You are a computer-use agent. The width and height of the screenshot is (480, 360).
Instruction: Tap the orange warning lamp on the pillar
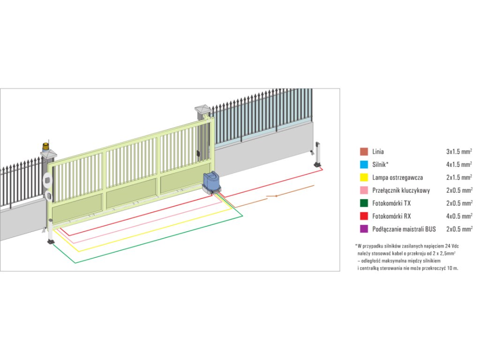[45, 146]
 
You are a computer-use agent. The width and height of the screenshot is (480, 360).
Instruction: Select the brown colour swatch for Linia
[364, 151]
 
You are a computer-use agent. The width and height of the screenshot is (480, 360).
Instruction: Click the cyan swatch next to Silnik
[364, 165]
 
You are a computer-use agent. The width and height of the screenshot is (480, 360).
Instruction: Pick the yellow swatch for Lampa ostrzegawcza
[364, 178]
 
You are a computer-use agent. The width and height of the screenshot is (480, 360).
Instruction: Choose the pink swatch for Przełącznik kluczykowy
[364, 190]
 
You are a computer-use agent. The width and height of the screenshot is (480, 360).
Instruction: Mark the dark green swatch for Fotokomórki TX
[364, 203]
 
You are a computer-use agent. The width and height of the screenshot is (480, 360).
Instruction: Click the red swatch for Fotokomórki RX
[364, 216]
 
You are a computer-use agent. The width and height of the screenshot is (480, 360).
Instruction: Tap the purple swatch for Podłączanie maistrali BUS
[364, 229]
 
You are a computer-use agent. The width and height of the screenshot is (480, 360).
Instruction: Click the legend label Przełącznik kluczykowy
[401, 190]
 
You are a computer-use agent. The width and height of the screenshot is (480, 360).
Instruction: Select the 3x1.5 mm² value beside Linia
[459, 151]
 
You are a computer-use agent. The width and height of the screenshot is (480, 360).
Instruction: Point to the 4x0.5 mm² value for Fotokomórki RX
[459, 216]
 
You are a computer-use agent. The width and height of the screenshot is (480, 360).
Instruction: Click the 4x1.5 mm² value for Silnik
[459, 165]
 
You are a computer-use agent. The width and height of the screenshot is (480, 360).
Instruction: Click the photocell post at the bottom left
[50, 234]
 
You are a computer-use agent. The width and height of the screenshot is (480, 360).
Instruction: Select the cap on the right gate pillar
[203, 109]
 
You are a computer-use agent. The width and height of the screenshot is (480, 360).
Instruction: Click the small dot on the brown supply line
[276, 195]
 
